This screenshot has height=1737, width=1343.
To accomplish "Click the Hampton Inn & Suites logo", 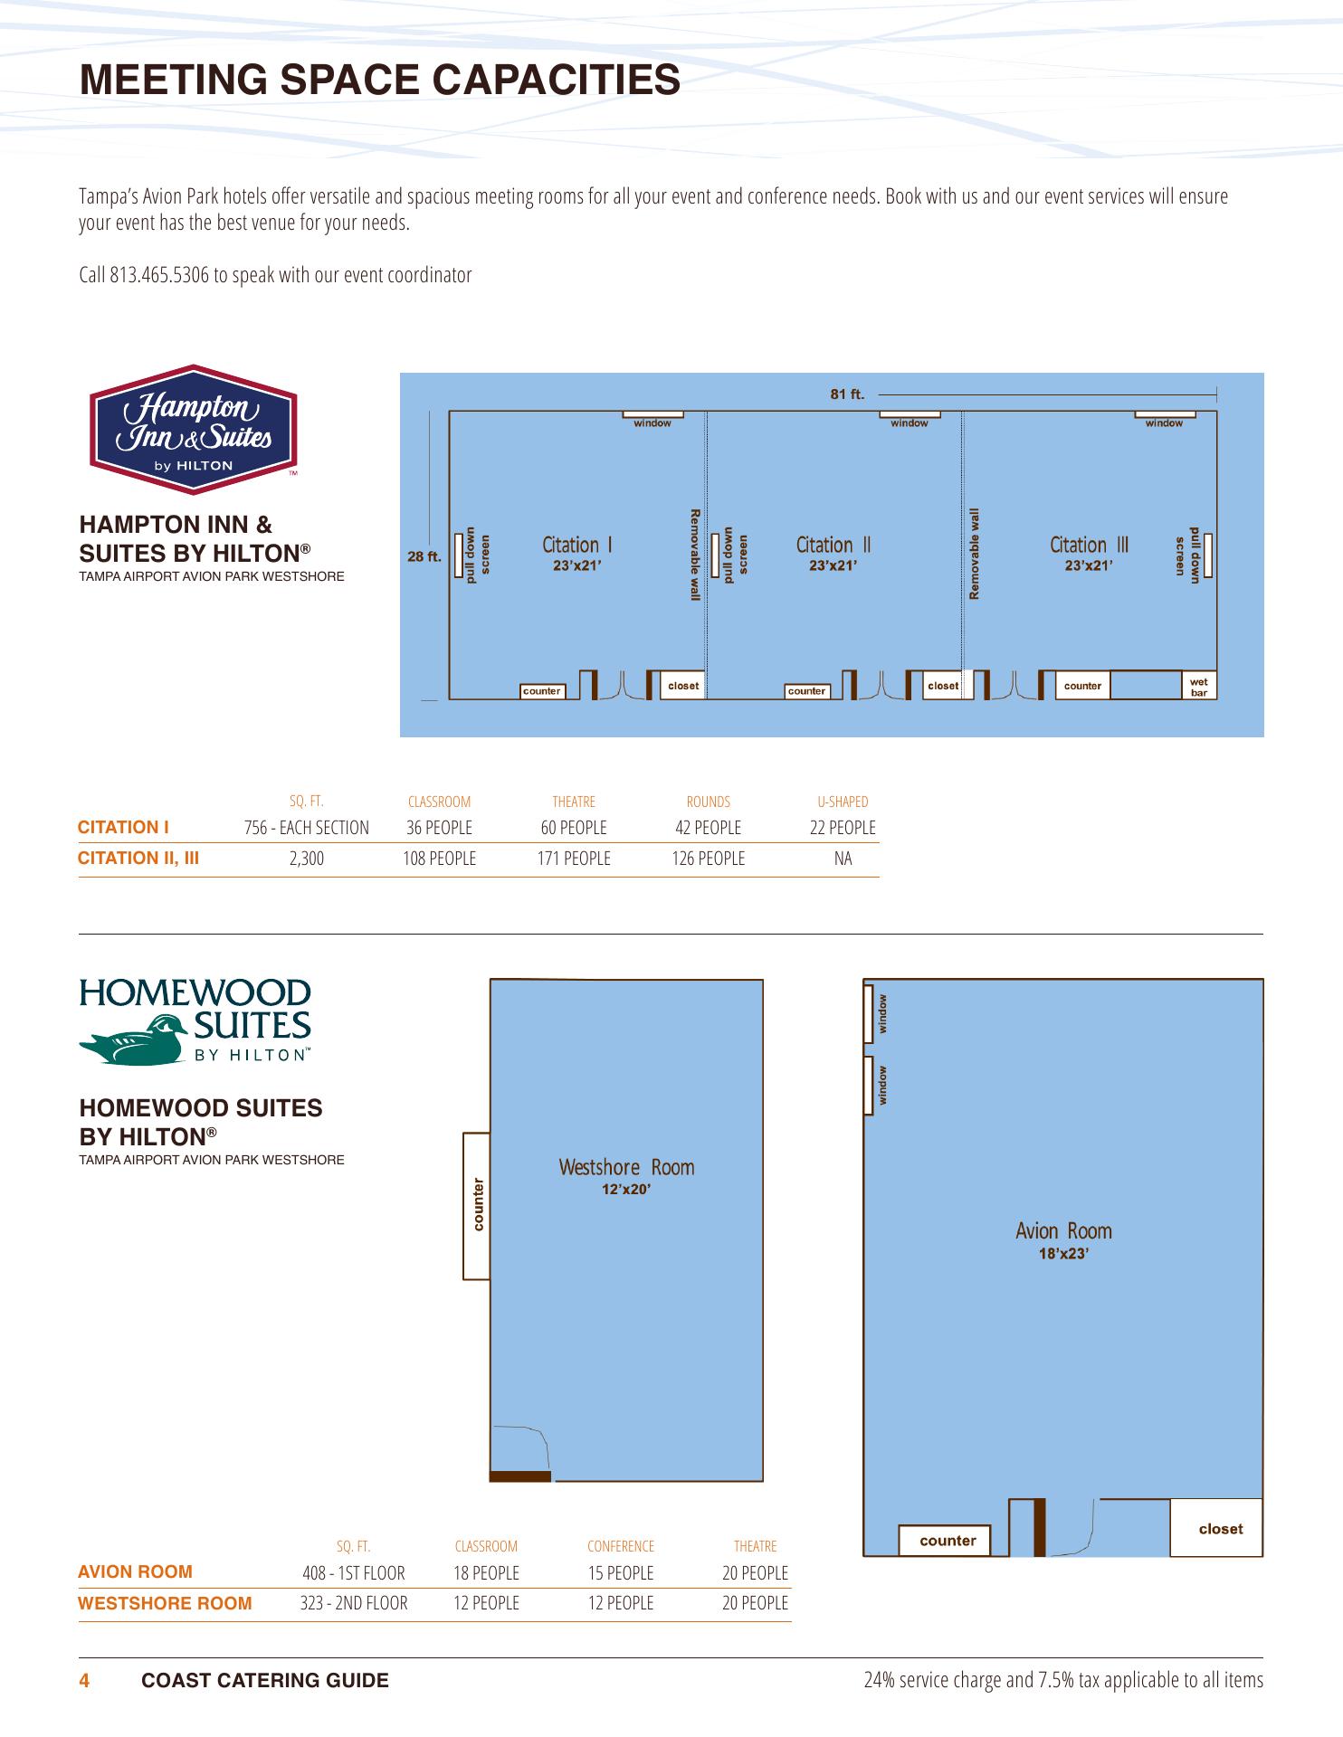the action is tap(193, 430).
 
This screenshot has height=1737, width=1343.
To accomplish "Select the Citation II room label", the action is tap(833, 545).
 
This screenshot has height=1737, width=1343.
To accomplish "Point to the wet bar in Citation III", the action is tap(1199, 686).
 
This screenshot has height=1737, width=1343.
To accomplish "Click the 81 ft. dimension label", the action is tap(848, 394).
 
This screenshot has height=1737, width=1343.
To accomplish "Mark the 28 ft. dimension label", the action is tap(424, 556).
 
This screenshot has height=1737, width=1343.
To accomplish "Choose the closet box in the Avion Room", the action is tap(1216, 1528).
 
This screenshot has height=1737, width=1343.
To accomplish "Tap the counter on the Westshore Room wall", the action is tap(476, 1205).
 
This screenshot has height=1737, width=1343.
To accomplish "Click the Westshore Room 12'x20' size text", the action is tap(627, 1190).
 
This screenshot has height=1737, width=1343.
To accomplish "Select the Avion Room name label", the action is tap(1063, 1230).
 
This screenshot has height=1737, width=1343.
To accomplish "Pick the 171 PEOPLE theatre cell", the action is tap(574, 859).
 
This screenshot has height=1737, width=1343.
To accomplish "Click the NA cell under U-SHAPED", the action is tap(843, 859).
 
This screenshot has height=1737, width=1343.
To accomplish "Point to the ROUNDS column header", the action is tap(709, 802).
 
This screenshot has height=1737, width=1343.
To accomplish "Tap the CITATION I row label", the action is tap(124, 827).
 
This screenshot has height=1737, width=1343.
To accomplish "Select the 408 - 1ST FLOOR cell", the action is tap(354, 1573).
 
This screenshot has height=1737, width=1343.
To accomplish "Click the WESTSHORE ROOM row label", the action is tap(165, 1604).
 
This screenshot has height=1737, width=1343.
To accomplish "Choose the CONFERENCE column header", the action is tap(621, 1546).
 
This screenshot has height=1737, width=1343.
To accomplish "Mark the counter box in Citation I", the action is tap(542, 691).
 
